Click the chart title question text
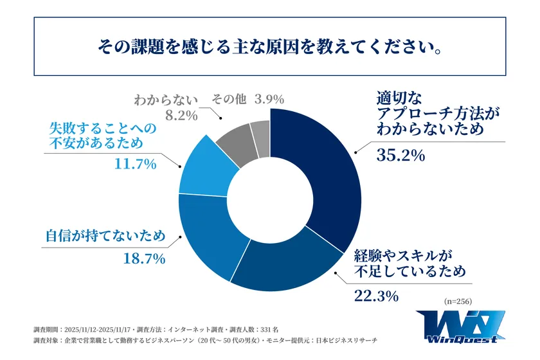click(269, 47)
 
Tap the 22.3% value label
click(376, 296)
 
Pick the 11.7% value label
click(135, 165)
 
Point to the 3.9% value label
click(269, 100)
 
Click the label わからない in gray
click(168, 100)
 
